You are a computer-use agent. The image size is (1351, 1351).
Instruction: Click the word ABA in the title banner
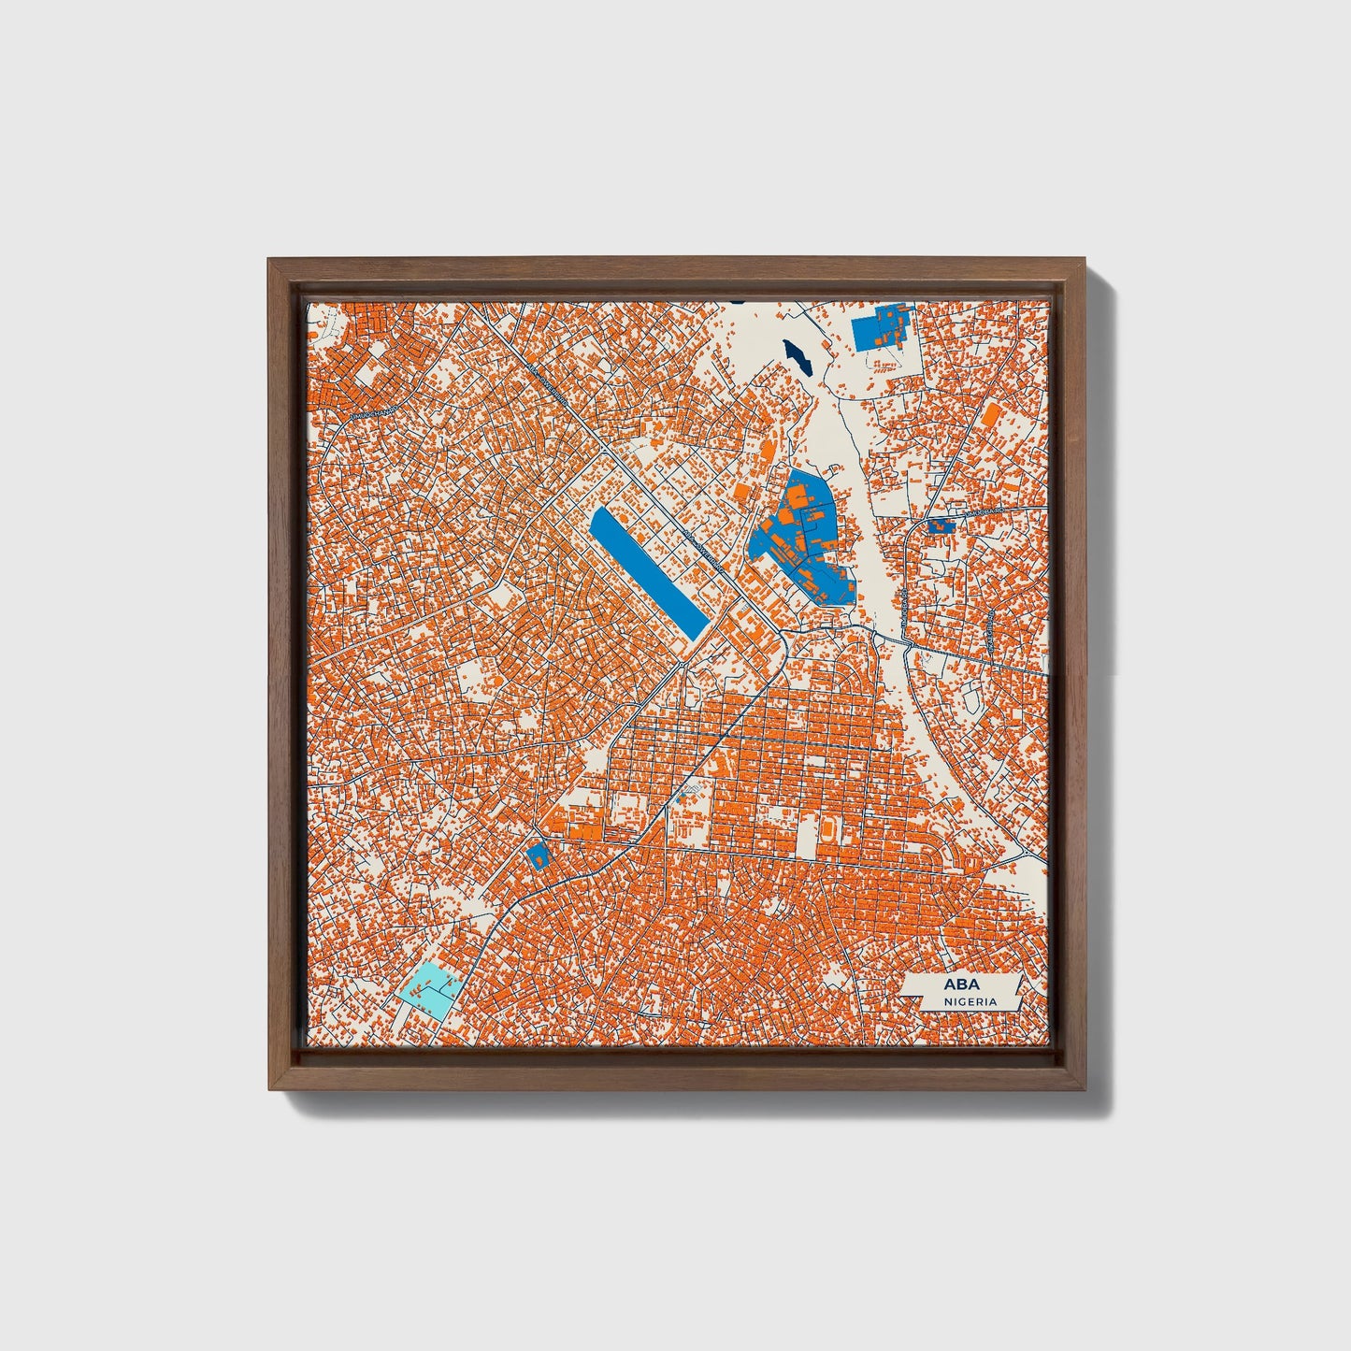(x=956, y=985)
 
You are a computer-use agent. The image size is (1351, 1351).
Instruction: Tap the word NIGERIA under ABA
(x=970, y=1001)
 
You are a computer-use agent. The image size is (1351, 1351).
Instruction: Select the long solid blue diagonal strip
(x=647, y=573)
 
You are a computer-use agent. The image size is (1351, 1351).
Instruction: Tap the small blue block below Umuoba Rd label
(x=941, y=525)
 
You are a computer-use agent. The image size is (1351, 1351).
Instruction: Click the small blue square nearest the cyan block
(x=538, y=855)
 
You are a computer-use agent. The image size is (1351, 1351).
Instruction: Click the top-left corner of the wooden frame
(x=269, y=259)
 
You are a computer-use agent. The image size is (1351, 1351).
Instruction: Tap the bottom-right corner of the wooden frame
(x=1086, y=1089)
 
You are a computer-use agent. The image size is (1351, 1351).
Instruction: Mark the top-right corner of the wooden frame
(x=1086, y=259)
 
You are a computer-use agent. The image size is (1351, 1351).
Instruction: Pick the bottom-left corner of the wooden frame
(x=269, y=1089)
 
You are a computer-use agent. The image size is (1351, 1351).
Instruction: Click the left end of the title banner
(x=904, y=992)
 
